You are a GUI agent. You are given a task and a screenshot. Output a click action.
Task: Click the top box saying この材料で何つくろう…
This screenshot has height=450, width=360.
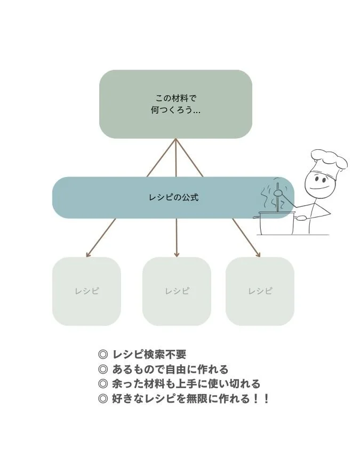(175, 104)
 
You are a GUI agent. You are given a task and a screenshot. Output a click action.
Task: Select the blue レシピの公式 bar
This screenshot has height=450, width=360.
(160, 197)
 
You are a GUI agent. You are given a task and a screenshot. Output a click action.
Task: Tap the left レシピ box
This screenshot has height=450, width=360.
(86, 291)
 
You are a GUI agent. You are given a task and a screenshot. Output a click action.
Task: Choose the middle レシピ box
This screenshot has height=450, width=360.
(177, 291)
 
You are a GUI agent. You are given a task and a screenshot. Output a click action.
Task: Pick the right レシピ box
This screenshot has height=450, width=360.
(260, 291)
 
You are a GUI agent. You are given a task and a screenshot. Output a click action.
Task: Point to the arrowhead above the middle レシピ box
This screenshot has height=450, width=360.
(177, 254)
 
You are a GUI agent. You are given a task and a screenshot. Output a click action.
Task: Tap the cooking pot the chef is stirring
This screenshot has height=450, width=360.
(276, 223)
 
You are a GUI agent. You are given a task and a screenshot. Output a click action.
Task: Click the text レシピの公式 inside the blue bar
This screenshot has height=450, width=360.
(173, 197)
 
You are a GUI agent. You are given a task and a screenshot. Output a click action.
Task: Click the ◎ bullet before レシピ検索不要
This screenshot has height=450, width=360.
(103, 355)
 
